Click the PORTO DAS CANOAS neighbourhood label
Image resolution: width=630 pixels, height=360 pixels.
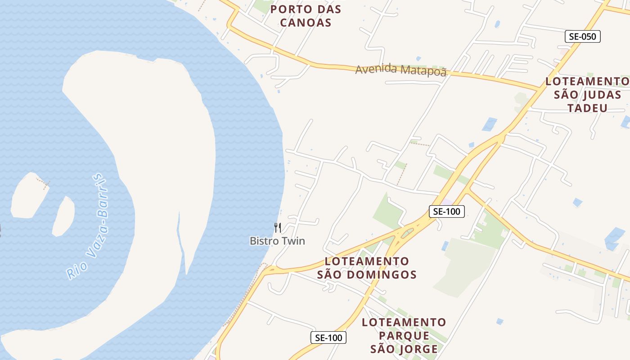(306, 16)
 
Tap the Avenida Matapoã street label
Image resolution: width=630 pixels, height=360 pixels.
(400, 70)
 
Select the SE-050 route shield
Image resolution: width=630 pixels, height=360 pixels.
(583, 36)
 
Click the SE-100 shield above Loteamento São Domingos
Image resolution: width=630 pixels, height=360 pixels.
(446, 211)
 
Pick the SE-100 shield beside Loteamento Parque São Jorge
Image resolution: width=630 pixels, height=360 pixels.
(328, 337)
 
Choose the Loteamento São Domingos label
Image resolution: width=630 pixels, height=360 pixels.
(367, 268)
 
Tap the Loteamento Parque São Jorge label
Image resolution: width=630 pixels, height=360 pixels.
(404, 336)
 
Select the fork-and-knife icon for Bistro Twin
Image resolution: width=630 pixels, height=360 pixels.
(278, 228)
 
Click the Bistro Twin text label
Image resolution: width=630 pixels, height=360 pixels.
(277, 241)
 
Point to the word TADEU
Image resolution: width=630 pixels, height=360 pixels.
(587, 108)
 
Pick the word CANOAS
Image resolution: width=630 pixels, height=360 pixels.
(306, 22)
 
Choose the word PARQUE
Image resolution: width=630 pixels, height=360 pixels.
(404, 336)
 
